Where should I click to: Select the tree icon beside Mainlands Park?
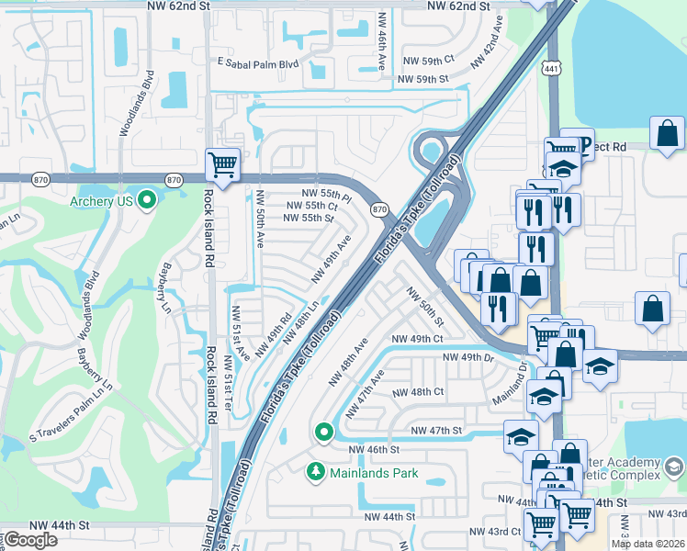[315, 472]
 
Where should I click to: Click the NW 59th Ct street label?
[428, 59]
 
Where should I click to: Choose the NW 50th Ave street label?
[261, 219]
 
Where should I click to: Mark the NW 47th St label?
[436, 430]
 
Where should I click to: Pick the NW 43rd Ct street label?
[495, 532]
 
